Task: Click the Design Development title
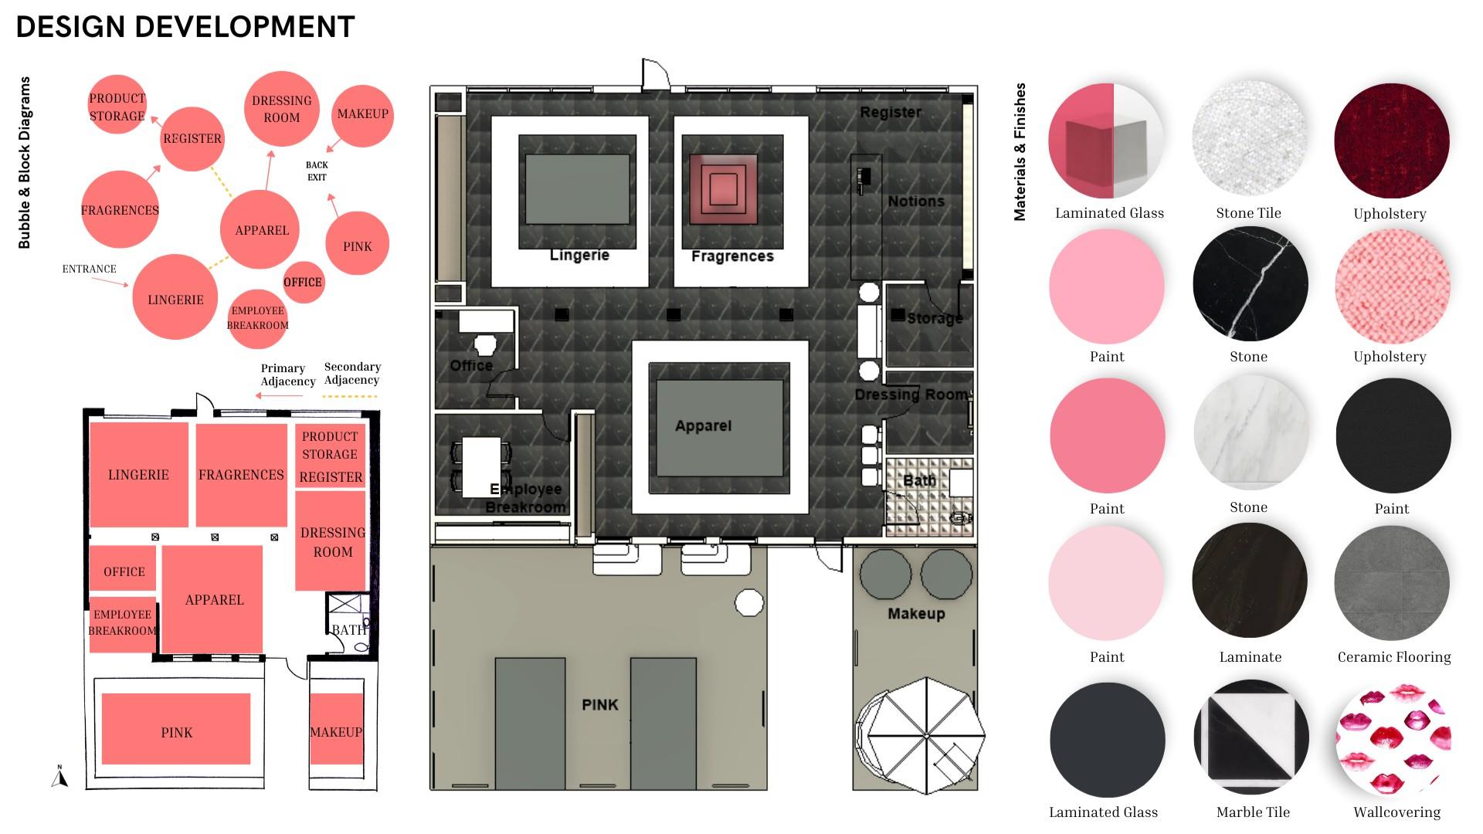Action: point(185,27)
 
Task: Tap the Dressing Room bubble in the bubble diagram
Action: point(281,109)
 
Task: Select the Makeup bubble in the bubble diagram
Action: point(362,114)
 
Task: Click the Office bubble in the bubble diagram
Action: point(303,282)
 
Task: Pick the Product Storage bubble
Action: point(117,106)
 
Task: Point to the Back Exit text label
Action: point(317,171)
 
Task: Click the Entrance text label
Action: point(90,269)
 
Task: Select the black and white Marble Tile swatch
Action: point(1251,737)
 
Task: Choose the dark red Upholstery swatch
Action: point(1391,141)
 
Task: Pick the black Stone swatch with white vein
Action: point(1251,284)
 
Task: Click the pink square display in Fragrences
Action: point(723,188)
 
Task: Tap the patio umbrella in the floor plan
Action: point(925,735)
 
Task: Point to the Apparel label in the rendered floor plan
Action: point(703,425)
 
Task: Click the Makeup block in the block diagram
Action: point(336,731)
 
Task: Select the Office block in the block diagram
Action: point(124,571)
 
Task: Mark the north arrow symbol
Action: point(59,776)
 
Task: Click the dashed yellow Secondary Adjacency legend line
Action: point(349,397)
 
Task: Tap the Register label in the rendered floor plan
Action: point(891,112)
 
